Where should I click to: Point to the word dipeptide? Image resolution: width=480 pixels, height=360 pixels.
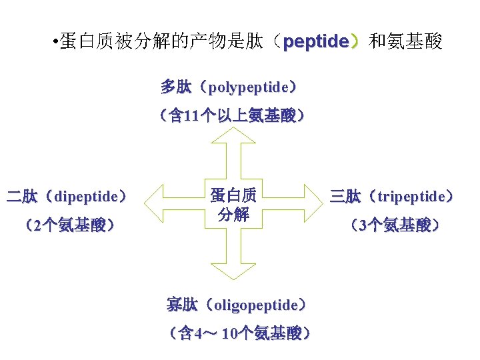point(87,197)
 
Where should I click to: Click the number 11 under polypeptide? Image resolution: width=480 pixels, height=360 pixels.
point(190,117)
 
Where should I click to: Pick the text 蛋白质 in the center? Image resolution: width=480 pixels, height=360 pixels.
point(233,195)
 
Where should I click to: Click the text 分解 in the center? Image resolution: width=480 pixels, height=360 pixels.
point(233,215)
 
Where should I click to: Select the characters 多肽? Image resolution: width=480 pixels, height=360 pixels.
point(176,87)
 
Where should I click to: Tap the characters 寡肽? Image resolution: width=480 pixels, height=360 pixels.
point(182,305)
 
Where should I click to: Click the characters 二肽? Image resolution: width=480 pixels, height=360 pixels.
point(21,197)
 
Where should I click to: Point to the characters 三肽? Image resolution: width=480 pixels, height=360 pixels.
point(345,197)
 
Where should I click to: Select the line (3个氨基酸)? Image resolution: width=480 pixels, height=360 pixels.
point(394,225)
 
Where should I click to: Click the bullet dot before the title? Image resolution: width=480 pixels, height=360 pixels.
point(53,43)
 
